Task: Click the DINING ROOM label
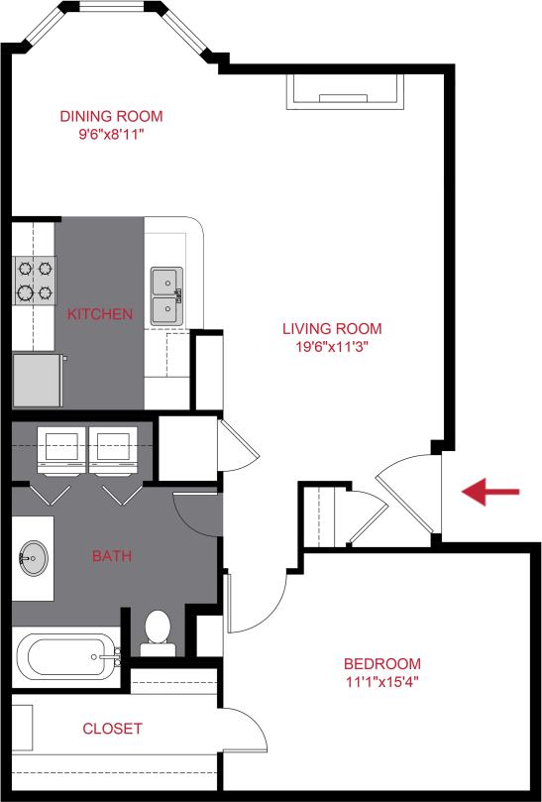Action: [110, 116]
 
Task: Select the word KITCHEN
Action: [99, 314]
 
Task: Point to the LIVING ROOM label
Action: [331, 328]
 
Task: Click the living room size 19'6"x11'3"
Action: [331, 346]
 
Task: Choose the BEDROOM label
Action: [381, 663]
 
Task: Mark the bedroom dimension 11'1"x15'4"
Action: [381, 681]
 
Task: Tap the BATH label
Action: [112, 556]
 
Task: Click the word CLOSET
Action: [112, 728]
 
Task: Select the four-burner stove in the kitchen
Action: [34, 280]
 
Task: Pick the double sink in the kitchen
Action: [167, 295]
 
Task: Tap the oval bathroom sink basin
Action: [31, 559]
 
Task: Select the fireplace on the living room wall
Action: [346, 91]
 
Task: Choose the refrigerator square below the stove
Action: [38, 380]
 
